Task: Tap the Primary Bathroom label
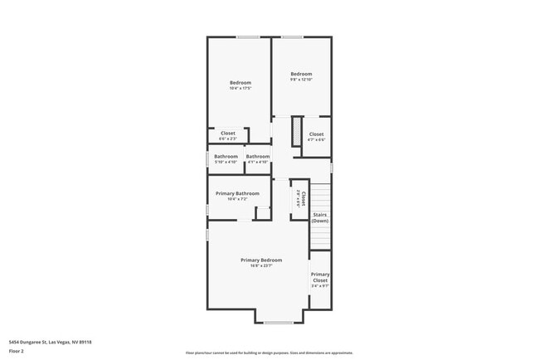237,193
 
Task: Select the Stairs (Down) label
320,217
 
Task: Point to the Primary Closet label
320,277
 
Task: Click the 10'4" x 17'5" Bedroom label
240,82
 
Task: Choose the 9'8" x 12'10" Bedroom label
301,73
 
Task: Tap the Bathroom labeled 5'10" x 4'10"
226,156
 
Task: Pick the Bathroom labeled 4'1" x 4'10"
258,156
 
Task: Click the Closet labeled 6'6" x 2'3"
227,133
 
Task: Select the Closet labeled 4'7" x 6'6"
317,134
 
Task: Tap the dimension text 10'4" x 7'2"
237,199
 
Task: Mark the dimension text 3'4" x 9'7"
320,286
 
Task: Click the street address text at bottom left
51,341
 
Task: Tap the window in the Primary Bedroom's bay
278,322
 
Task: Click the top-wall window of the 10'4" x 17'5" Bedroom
248,36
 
